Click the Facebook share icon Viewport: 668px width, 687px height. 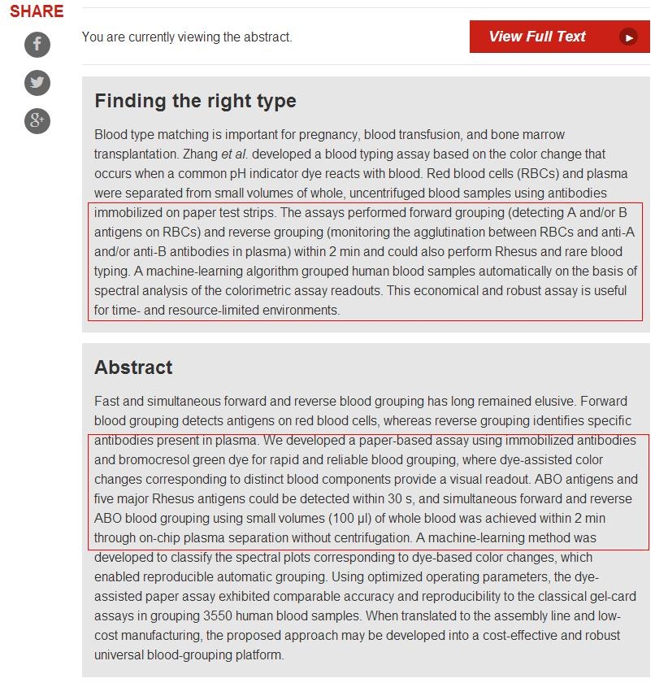tap(37, 44)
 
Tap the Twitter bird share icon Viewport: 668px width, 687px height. tap(37, 82)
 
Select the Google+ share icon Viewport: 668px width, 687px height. tap(37, 121)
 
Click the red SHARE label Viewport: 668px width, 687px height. tap(37, 11)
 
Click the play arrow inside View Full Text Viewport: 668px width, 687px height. tap(628, 37)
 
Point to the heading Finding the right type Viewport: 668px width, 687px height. tap(195, 101)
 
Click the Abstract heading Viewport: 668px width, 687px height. tap(133, 367)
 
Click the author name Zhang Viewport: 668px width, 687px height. tap(202, 154)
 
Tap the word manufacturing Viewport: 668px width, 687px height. tap(133, 635)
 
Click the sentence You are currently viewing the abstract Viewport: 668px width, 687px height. tap(187, 37)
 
